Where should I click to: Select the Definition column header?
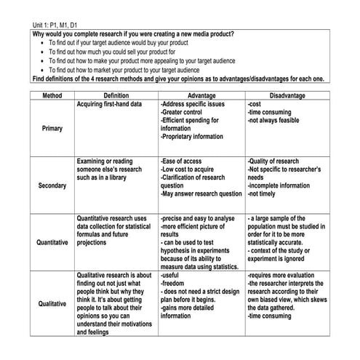coord(116,96)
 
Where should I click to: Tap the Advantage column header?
coord(201,96)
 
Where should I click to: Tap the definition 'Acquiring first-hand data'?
coord(109,105)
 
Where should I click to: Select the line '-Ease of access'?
coord(184,161)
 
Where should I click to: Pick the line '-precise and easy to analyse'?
coord(197,219)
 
